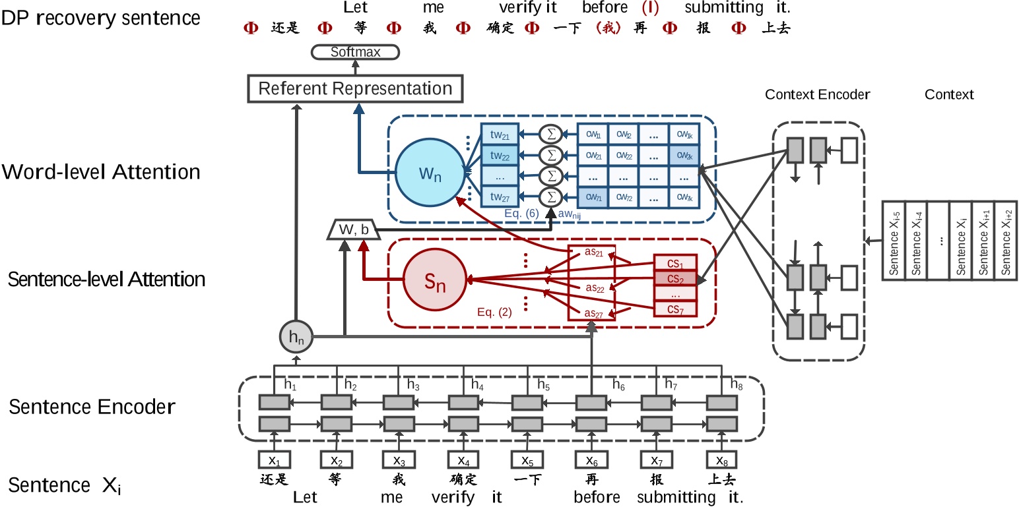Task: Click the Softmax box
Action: [x=355, y=51]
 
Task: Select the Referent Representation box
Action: [x=355, y=88]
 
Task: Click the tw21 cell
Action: [x=500, y=134]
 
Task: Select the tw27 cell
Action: [x=500, y=196]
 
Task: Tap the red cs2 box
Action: [x=674, y=278]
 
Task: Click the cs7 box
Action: [x=674, y=309]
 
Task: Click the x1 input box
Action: [x=274, y=460]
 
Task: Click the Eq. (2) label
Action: [x=495, y=313]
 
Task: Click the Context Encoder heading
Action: [x=817, y=94]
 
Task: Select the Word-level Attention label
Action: [x=101, y=172]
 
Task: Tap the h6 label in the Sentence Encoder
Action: [x=618, y=384]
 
